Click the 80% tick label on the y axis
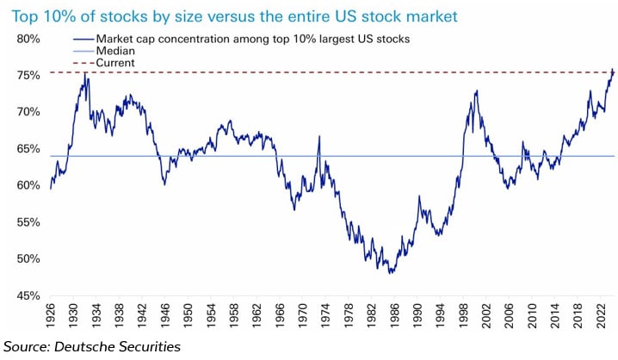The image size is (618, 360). click(x=28, y=39)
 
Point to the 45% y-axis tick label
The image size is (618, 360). click(x=28, y=295)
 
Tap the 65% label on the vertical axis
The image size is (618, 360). click(x=28, y=149)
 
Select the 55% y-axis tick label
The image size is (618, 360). click(x=28, y=222)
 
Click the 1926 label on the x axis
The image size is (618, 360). click(x=51, y=313)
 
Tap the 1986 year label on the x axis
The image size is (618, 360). click(x=392, y=313)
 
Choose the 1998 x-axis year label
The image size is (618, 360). click(x=461, y=313)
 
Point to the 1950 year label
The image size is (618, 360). click(x=188, y=313)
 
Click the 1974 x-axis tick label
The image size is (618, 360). click(x=324, y=313)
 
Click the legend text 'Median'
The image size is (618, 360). click(x=114, y=52)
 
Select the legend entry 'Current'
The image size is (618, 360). click(x=116, y=63)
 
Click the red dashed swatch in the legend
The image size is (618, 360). click(x=84, y=63)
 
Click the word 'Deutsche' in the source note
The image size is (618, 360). click(x=103, y=346)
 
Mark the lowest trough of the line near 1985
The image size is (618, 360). click(x=392, y=273)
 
